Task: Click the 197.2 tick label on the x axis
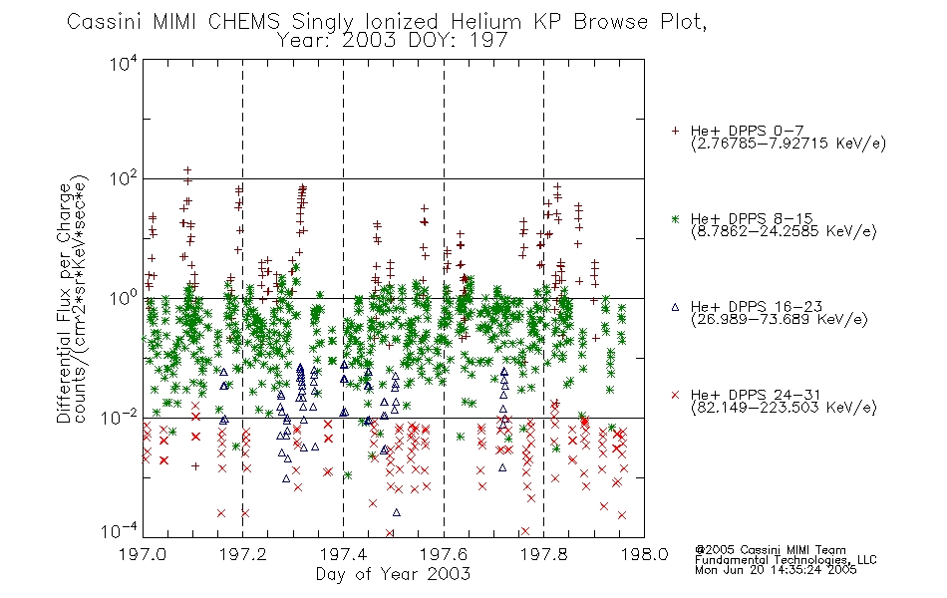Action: coord(243,554)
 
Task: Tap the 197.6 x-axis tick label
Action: coord(444,554)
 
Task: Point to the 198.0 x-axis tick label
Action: coord(644,554)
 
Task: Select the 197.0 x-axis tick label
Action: coord(143,554)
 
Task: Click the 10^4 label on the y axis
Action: coord(124,64)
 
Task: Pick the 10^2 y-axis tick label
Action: coord(124,179)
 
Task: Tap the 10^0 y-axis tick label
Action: coord(124,298)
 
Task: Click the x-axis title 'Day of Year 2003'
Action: coord(393,574)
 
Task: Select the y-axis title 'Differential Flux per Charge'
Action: coord(64,303)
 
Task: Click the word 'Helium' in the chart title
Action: coord(486,22)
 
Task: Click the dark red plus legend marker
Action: coord(675,131)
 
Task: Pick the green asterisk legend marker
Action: coord(675,218)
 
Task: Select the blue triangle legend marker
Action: coord(675,307)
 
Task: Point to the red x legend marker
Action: coord(675,395)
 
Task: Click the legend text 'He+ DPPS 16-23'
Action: coord(757,307)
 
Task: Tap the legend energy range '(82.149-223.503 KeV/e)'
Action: coord(784,408)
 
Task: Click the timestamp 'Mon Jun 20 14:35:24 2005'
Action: coord(776,570)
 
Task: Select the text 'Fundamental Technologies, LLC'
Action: coord(786,560)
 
